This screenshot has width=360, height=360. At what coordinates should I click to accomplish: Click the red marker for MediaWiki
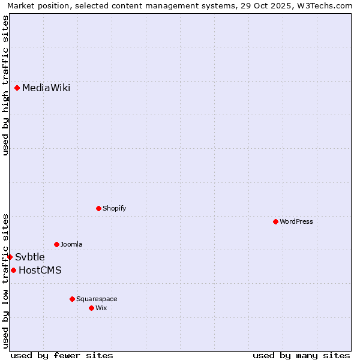[17, 88]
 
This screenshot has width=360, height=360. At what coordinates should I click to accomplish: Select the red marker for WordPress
[275, 221]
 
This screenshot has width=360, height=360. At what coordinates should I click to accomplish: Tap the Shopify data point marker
[98, 208]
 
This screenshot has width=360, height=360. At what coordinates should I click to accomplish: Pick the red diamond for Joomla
[56, 244]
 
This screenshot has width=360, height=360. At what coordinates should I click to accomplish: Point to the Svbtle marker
[10, 257]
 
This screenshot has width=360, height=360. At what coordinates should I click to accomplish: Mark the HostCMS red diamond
[13, 270]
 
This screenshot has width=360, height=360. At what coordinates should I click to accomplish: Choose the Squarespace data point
[72, 299]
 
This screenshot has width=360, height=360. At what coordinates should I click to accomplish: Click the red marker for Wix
[91, 308]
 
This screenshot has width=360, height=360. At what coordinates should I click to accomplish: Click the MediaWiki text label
[46, 88]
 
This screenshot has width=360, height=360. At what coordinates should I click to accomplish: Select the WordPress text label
[296, 221]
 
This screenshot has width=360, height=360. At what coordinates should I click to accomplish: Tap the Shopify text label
[114, 208]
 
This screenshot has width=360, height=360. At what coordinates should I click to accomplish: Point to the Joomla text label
[71, 244]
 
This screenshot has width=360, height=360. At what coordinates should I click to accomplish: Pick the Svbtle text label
[30, 257]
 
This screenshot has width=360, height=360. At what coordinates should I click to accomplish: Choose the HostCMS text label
[40, 270]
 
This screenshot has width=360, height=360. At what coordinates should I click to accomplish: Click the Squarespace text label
[97, 299]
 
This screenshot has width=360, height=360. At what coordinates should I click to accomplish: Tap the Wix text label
[101, 308]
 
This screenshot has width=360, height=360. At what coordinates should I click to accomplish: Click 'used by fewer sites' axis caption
[62, 355]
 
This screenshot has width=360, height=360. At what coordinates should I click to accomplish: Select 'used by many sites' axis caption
[301, 355]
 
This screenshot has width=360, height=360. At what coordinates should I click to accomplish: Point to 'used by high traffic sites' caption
[5, 85]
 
